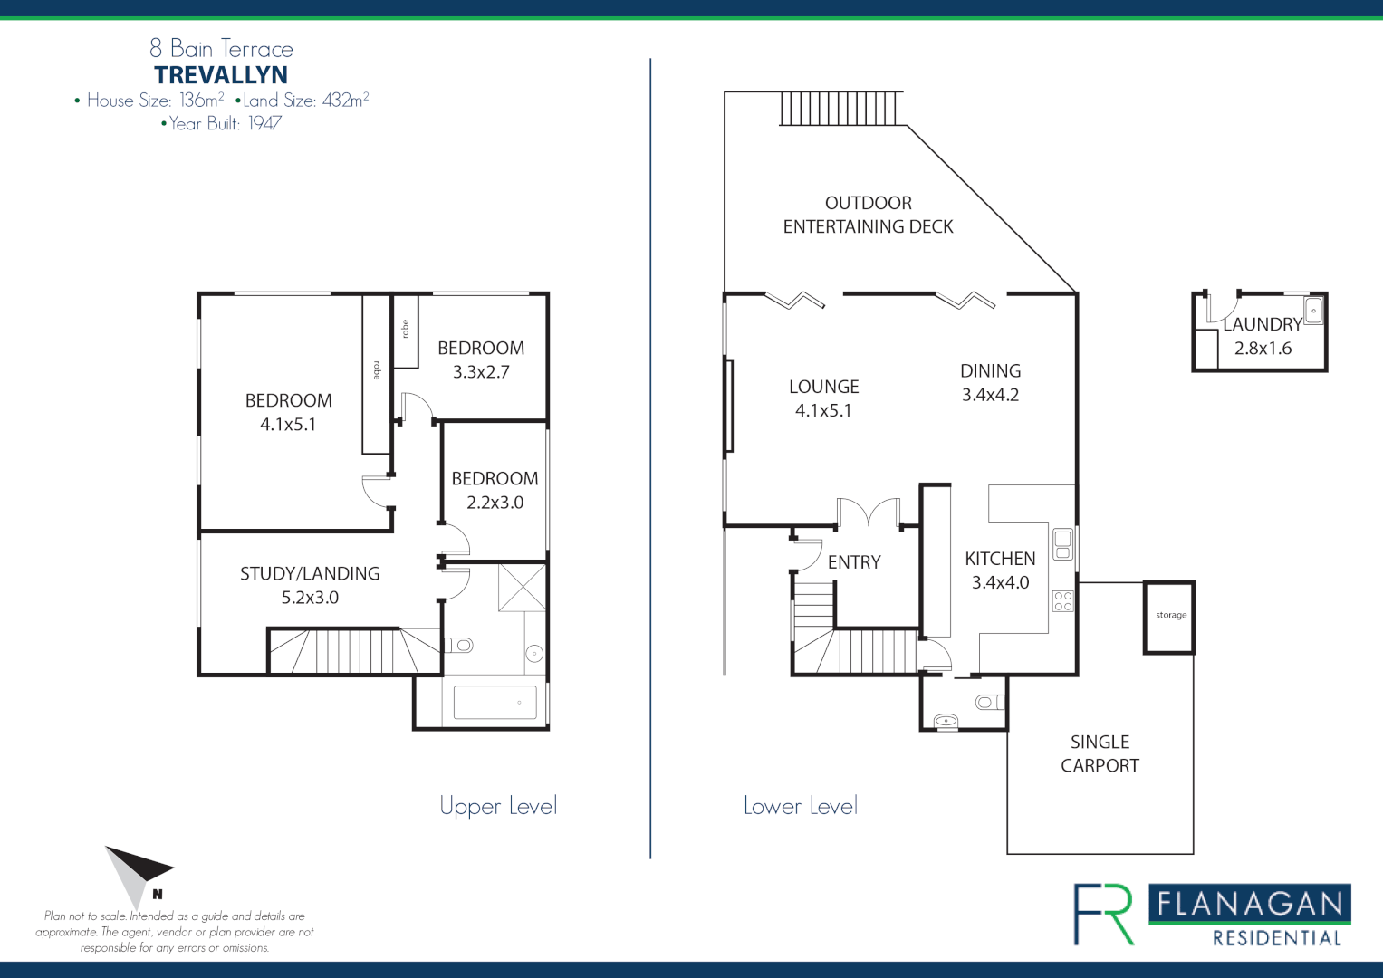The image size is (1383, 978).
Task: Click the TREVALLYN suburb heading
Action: tap(221, 75)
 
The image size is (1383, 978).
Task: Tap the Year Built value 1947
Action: tap(265, 124)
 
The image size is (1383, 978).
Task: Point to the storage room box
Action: tap(1169, 617)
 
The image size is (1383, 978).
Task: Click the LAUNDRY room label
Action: tap(1263, 324)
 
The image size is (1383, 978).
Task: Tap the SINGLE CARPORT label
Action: tap(1100, 753)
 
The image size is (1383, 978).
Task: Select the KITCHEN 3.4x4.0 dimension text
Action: tap(1000, 582)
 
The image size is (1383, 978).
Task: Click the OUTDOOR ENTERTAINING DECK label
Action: tap(868, 215)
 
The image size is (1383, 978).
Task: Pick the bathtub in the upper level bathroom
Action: tap(495, 702)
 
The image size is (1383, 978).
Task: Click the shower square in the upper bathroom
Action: tap(523, 587)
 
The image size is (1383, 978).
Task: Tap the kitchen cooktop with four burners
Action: tap(1062, 600)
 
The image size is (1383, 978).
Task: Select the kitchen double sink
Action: tap(1062, 544)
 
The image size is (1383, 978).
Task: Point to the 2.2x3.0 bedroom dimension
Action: tap(495, 503)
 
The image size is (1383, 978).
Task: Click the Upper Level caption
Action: tap(498, 805)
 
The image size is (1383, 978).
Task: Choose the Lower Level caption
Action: tap(800, 805)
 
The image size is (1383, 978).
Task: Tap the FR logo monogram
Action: tap(1104, 914)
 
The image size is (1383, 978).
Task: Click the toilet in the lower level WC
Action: tap(989, 702)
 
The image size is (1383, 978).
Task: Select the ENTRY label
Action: tap(853, 562)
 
